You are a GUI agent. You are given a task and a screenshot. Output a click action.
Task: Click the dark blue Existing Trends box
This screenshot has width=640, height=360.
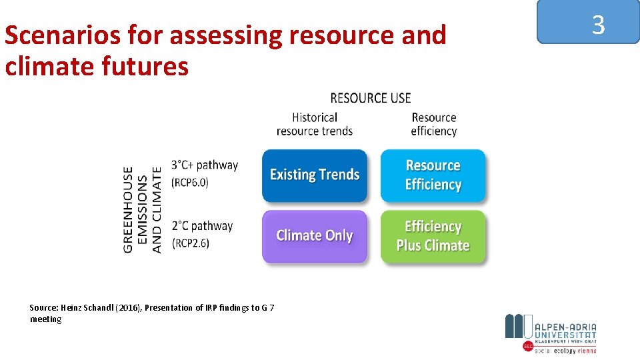point(314,175)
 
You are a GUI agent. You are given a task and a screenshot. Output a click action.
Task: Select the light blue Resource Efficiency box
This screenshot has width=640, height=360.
point(433,175)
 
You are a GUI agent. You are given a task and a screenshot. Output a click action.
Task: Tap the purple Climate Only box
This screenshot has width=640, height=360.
point(314,236)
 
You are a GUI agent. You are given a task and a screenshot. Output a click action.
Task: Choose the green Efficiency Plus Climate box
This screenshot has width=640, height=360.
point(433,236)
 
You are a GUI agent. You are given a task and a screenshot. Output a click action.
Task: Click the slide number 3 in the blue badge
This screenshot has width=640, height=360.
point(598,25)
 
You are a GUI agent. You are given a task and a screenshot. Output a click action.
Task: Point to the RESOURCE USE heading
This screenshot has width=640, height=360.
point(371,98)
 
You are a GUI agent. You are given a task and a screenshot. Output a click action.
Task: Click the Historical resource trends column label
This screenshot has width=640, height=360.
point(315,124)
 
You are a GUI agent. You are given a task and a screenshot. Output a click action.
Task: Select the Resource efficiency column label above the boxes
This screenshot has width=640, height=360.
point(433,124)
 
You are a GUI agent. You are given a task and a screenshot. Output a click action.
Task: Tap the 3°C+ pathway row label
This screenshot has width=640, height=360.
point(205,165)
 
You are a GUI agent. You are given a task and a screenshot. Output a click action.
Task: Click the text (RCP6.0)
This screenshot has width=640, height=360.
point(190,182)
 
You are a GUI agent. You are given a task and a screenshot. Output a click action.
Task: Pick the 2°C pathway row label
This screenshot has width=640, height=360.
point(202,226)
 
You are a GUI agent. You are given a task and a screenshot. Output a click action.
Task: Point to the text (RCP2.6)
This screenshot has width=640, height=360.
point(191,243)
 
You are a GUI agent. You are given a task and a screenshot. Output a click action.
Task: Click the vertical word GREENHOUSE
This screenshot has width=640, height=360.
point(128,209)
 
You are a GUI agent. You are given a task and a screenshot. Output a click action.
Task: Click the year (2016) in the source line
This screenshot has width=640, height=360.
point(153,308)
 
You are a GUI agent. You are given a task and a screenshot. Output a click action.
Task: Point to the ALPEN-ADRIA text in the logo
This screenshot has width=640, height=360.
point(566,327)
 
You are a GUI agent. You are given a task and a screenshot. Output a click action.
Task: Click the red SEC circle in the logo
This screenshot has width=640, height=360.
point(528,347)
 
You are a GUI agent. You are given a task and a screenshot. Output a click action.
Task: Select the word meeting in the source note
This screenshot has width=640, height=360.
point(45,319)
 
